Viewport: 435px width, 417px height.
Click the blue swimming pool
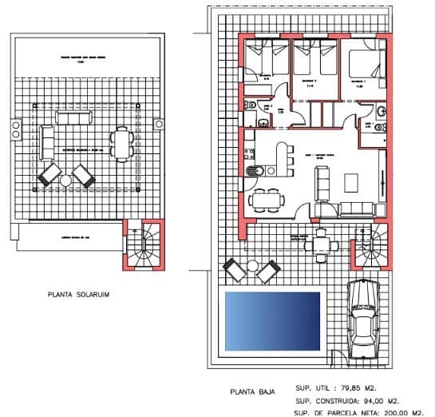pos(272,321)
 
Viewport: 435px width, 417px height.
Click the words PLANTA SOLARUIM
pos(79,295)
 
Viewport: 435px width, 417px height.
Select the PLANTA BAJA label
pos(252,392)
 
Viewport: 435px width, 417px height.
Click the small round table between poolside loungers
pos(248,270)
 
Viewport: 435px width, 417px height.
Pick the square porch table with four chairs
pos(321,240)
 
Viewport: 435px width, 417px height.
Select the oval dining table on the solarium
pos(122,145)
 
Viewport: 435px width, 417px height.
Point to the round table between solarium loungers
pos(66,181)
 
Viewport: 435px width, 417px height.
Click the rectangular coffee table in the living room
pos(353,182)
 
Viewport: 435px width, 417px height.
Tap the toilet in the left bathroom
pos(264,121)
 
